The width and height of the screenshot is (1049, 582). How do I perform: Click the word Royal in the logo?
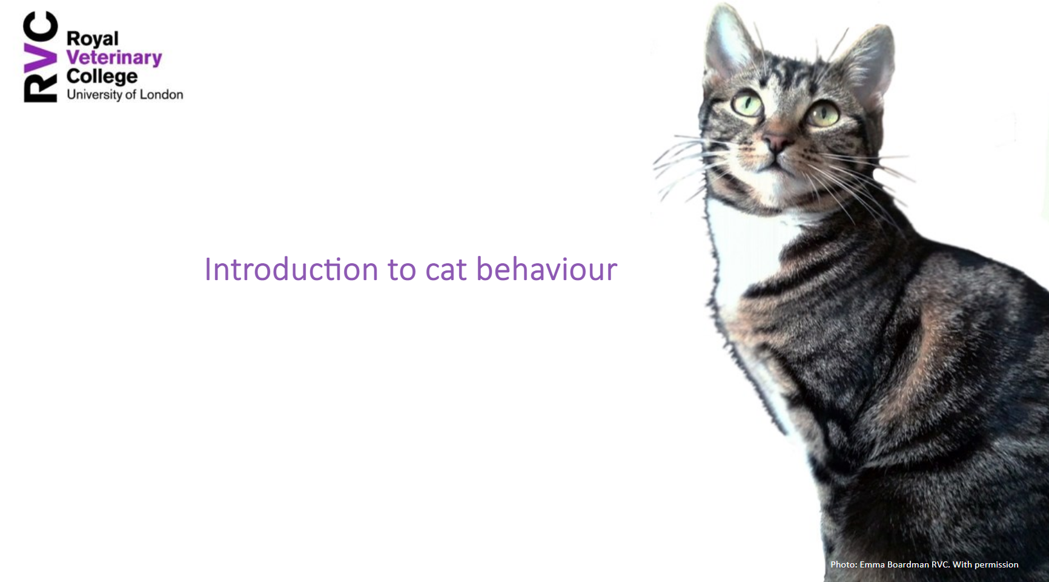[92, 39]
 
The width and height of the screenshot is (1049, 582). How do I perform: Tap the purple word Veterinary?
[114, 57]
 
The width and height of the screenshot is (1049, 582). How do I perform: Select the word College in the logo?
[102, 76]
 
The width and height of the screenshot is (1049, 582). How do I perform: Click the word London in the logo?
[161, 94]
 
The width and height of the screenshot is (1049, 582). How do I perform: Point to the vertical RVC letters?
[40, 57]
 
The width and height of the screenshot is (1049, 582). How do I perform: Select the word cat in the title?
[446, 270]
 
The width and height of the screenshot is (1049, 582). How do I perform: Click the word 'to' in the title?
[402, 270]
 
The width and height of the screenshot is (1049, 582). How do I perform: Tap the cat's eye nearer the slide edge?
[822, 114]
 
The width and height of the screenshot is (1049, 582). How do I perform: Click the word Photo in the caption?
[843, 564]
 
